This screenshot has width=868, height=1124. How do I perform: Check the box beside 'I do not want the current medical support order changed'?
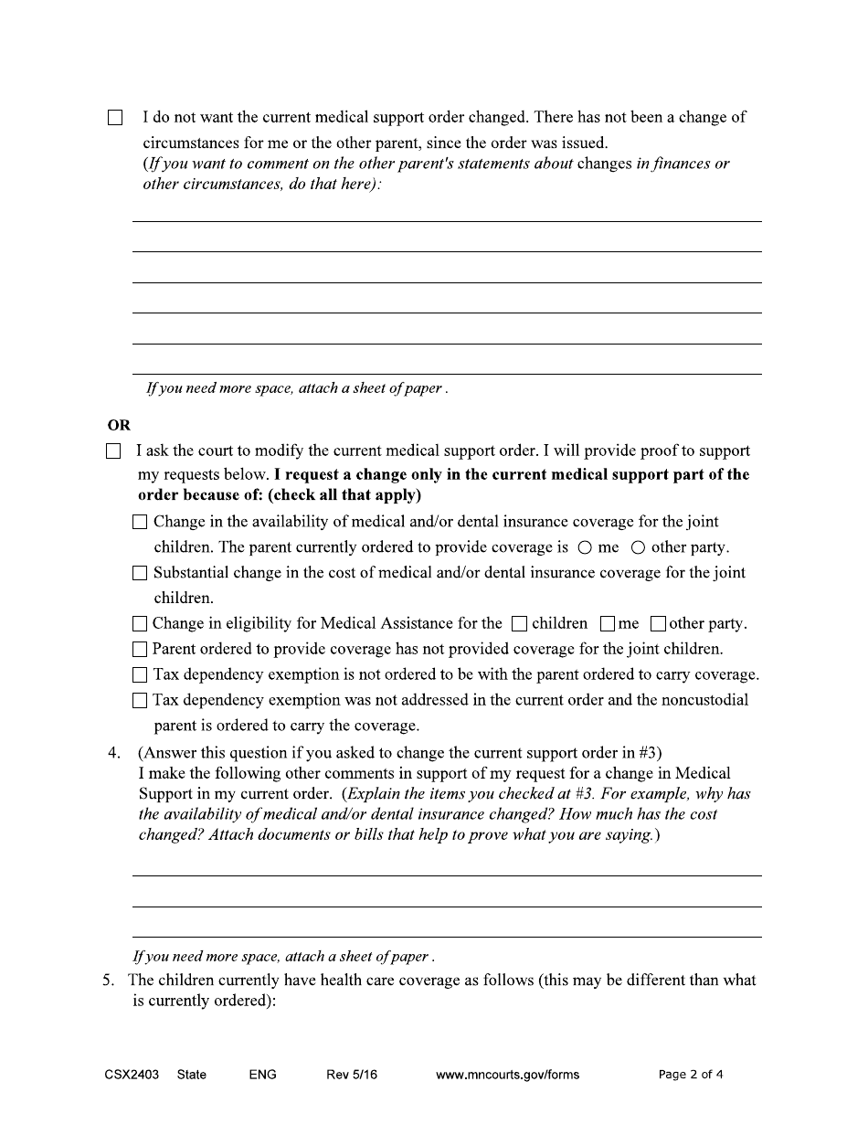pyautogui.click(x=115, y=118)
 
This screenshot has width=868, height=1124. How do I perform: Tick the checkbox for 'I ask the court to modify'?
pyautogui.click(x=113, y=451)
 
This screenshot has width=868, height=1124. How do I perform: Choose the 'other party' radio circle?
pyautogui.click(x=638, y=548)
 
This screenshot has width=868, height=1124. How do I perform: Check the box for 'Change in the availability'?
pyautogui.click(x=140, y=523)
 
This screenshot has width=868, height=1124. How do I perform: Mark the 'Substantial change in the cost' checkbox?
pyautogui.click(x=140, y=574)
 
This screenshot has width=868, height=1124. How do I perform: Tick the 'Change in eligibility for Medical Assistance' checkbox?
pyautogui.click(x=140, y=624)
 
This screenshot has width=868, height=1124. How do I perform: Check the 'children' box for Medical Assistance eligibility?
pyautogui.click(x=519, y=624)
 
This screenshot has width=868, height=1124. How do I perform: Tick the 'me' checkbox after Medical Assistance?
pyautogui.click(x=608, y=624)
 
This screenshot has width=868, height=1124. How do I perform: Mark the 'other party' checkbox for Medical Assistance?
pyautogui.click(x=658, y=624)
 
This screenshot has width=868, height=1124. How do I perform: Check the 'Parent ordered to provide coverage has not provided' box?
pyautogui.click(x=140, y=650)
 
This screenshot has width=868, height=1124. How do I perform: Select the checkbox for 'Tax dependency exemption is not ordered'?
pyautogui.click(x=140, y=675)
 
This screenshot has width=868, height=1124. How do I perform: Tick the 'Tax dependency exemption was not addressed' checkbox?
pyautogui.click(x=140, y=701)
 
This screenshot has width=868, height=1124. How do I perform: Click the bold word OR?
pyautogui.click(x=119, y=425)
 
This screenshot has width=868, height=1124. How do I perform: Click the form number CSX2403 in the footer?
pyautogui.click(x=132, y=1075)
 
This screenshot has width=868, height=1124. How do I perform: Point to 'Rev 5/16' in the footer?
pyautogui.click(x=351, y=1075)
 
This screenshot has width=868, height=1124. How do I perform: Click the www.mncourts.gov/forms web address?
pyautogui.click(x=507, y=1075)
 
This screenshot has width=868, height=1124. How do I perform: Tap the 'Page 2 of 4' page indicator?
pyautogui.click(x=691, y=1075)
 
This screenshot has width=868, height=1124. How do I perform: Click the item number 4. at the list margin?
pyautogui.click(x=114, y=754)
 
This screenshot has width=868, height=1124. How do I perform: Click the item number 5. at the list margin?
pyautogui.click(x=108, y=981)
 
